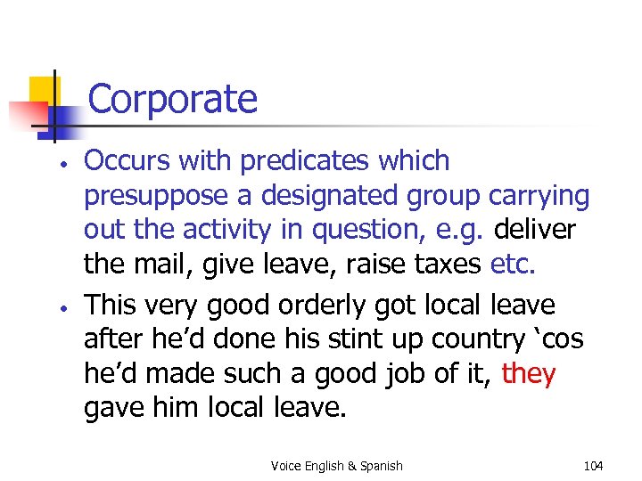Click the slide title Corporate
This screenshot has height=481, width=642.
[x=172, y=99]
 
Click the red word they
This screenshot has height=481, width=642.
[x=529, y=374]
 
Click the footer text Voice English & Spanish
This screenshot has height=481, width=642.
[x=337, y=466]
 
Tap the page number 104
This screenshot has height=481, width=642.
[x=592, y=466]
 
